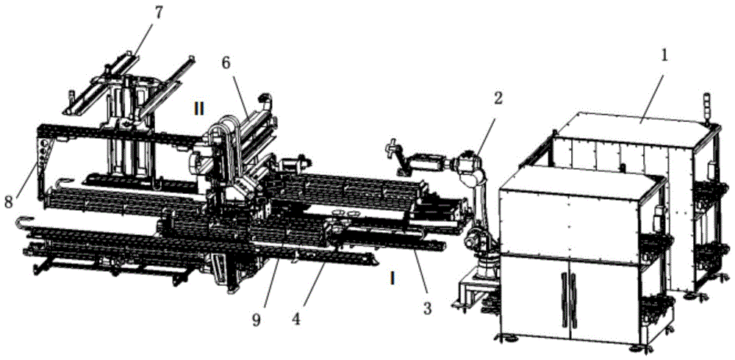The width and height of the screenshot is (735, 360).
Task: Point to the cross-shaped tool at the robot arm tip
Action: click(x=391, y=151)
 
